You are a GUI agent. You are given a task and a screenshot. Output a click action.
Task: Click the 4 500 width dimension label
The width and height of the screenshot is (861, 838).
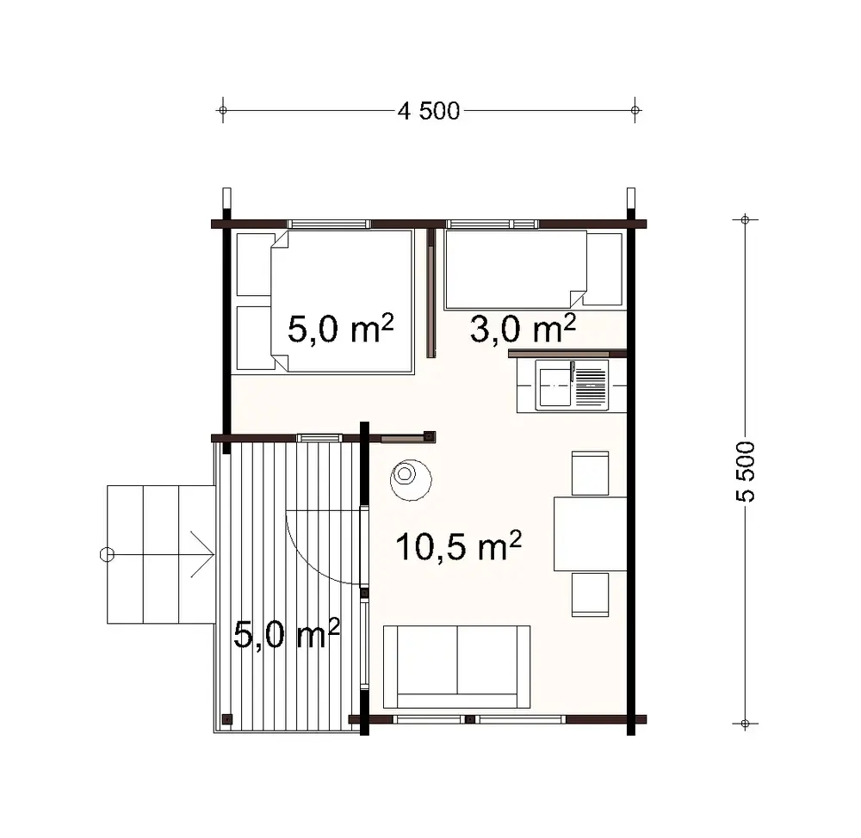(x=428, y=110)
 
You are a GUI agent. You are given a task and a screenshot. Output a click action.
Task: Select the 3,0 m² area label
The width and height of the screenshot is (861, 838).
(x=522, y=328)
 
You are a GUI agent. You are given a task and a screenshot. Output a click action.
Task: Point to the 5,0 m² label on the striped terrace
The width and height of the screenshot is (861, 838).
(x=287, y=636)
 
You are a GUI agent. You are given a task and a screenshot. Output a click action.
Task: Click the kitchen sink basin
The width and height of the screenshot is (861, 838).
(x=554, y=384)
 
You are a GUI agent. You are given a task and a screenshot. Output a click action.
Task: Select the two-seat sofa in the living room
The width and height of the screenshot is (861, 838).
(x=456, y=667)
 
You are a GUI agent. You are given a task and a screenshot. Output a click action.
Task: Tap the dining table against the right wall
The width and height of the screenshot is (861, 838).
(x=591, y=533)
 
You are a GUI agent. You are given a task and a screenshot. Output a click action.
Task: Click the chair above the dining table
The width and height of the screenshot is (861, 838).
(x=591, y=473)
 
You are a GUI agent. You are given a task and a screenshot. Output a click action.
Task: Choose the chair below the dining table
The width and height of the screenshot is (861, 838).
(x=591, y=595)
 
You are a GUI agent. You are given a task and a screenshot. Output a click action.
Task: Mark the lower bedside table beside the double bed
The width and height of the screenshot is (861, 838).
(x=254, y=337)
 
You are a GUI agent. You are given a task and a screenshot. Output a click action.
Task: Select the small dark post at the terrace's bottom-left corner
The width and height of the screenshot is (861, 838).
(x=227, y=718)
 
